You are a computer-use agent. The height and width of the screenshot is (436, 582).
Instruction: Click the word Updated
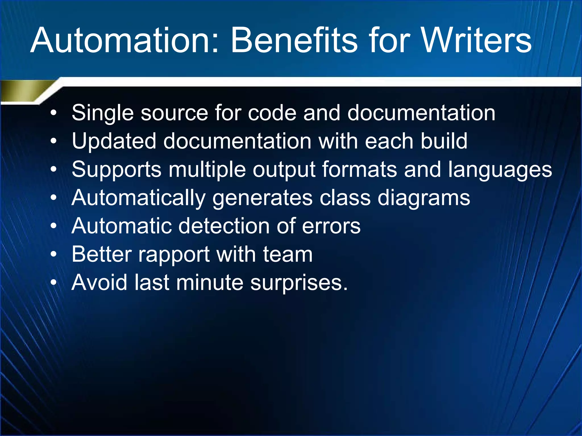(x=114, y=141)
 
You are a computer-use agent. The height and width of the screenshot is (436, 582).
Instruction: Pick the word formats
(x=359, y=169)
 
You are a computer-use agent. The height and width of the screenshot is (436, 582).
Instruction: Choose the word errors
(x=331, y=227)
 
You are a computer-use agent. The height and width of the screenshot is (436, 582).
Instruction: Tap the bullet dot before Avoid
(x=54, y=283)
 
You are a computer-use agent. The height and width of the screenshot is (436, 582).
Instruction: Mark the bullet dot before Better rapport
(x=54, y=255)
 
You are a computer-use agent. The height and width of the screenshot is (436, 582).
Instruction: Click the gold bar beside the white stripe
(x=23, y=90)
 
